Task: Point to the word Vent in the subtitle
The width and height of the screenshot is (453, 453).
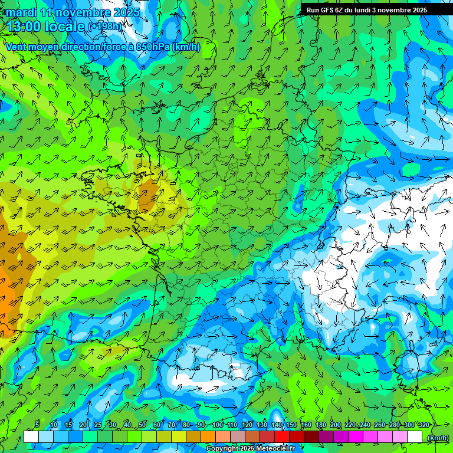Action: [17, 47]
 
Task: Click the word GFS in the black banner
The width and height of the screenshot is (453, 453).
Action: [324, 9]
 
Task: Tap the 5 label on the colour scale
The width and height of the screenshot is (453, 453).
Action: [37, 425]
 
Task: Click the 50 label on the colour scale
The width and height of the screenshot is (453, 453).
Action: [142, 425]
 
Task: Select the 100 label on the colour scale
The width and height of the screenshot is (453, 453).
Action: [218, 425]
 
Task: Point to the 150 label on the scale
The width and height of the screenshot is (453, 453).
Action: [291, 425]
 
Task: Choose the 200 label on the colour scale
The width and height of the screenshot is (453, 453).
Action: [336, 425]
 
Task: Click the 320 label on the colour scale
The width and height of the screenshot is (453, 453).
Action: [424, 425]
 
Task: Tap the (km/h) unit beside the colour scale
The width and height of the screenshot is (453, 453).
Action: [438, 437]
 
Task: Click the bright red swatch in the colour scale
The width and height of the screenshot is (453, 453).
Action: [282, 437]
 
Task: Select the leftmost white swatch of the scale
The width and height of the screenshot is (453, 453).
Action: [31, 437]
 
